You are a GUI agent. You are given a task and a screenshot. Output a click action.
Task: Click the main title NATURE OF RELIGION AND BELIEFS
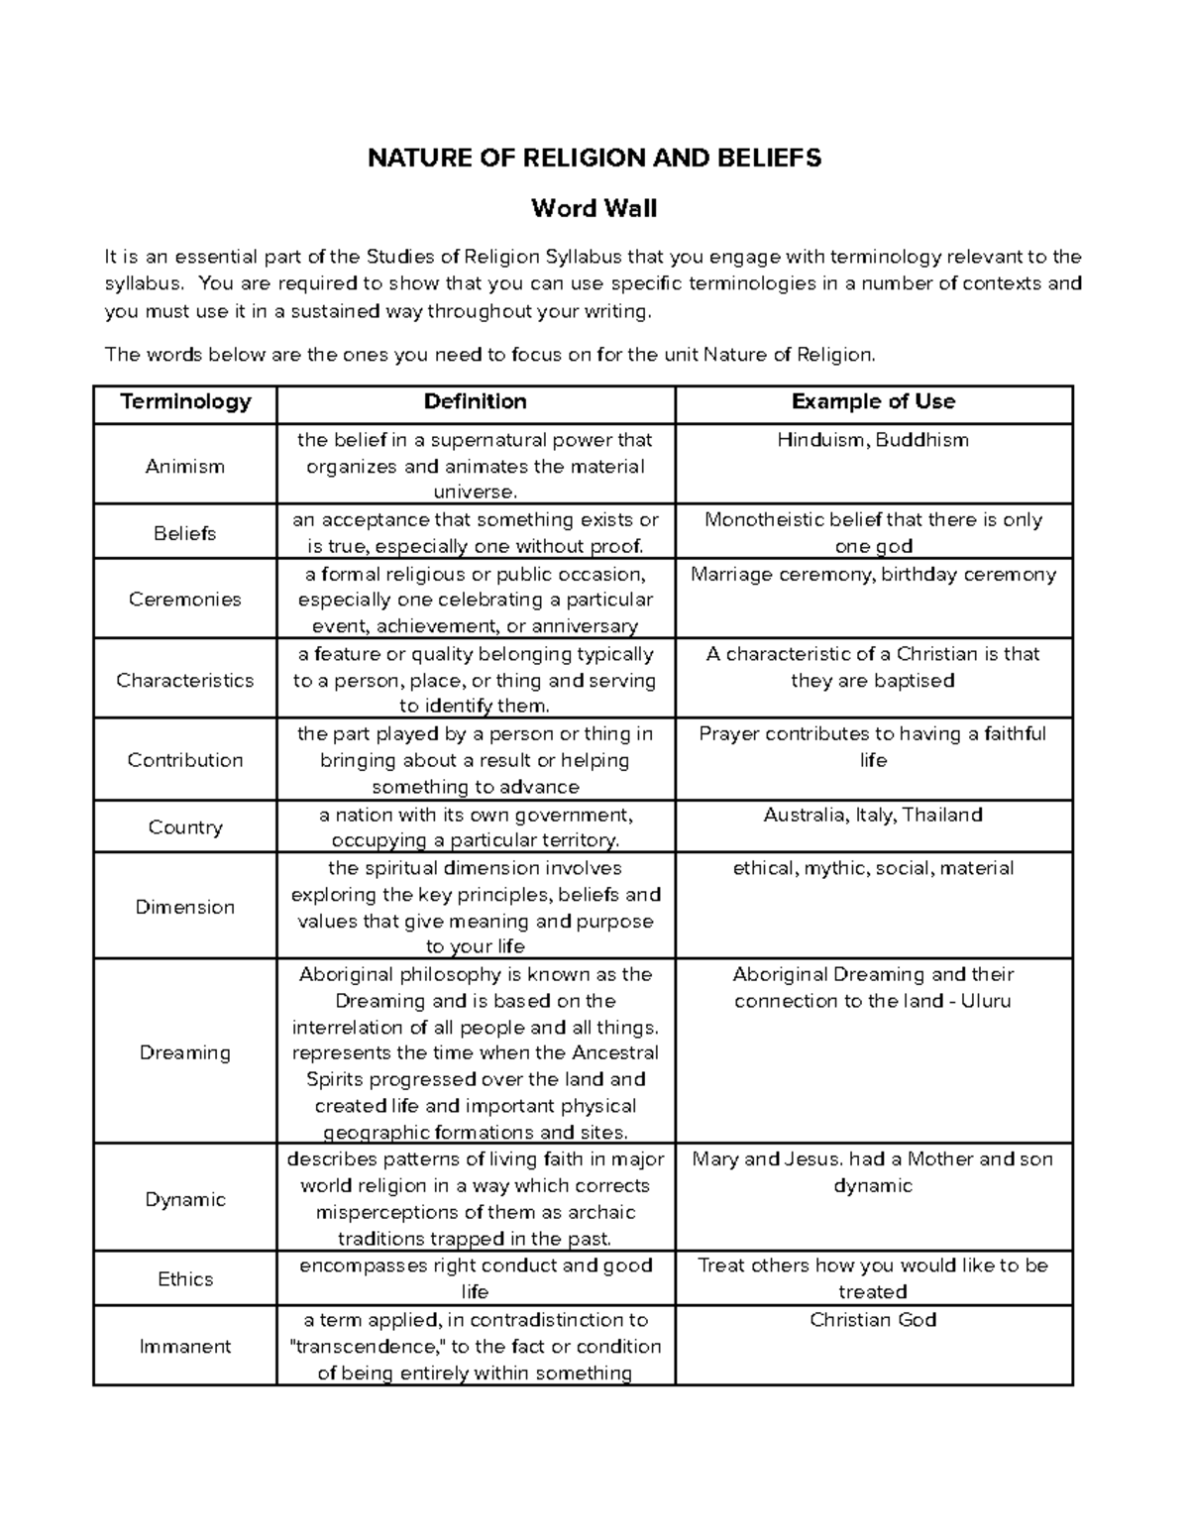[x=594, y=158]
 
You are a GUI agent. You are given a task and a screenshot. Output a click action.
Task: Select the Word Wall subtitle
[x=594, y=208]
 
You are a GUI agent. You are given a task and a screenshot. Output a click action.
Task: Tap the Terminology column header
[x=185, y=401]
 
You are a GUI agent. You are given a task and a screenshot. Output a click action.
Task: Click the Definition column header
[x=475, y=401]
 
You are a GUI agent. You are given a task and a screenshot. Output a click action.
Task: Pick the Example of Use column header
[x=873, y=401]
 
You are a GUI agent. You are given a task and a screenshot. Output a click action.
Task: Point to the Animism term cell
[x=185, y=466]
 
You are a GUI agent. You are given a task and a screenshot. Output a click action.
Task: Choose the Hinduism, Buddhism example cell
[x=873, y=440]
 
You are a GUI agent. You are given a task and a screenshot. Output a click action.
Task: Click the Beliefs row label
[x=185, y=533]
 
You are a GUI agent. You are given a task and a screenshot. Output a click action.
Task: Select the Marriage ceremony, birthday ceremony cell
[x=873, y=575]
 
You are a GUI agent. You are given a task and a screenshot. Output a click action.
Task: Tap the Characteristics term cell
[x=185, y=680]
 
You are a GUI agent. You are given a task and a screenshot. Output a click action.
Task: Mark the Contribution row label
[x=185, y=760]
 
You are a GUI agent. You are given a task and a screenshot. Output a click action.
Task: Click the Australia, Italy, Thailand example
[x=873, y=815]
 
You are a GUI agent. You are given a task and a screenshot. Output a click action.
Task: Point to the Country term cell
[x=185, y=826]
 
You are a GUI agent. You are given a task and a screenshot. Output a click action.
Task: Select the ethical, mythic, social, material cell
[x=873, y=868]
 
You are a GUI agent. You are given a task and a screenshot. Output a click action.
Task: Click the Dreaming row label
[x=185, y=1052]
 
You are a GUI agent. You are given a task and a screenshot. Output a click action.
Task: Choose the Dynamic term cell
[x=185, y=1199]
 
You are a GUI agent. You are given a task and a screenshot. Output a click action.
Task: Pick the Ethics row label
[x=185, y=1278]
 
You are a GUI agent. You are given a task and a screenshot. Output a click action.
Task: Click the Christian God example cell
[x=873, y=1320]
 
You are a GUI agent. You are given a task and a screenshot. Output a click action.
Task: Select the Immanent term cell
[x=185, y=1346]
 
